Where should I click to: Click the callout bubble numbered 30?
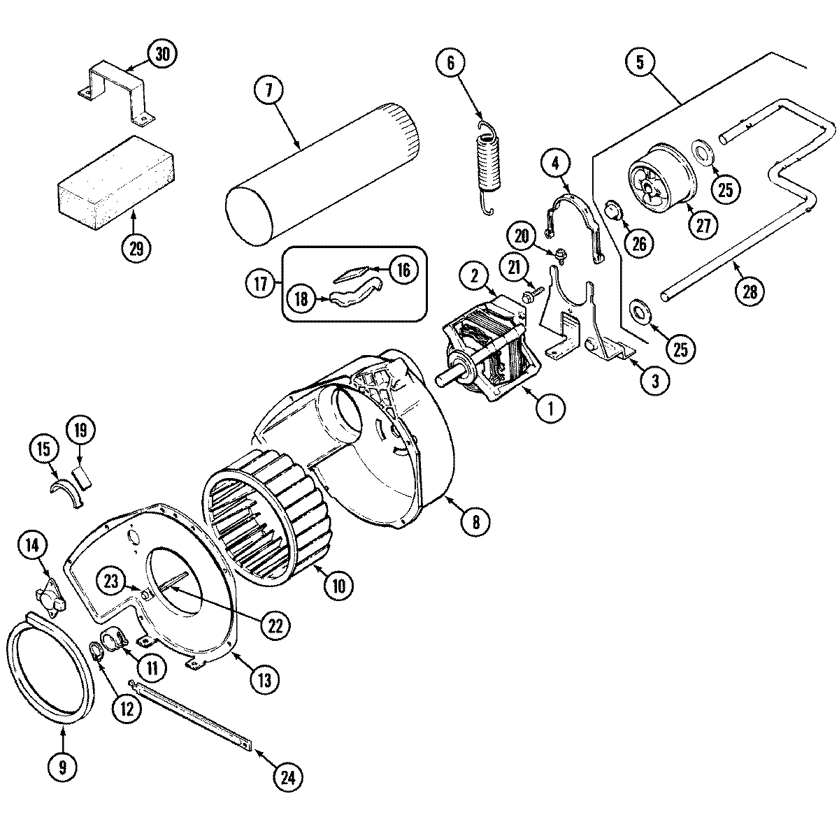click(x=162, y=55)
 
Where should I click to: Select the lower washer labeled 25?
click(x=640, y=310)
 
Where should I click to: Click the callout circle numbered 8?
click(x=475, y=520)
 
